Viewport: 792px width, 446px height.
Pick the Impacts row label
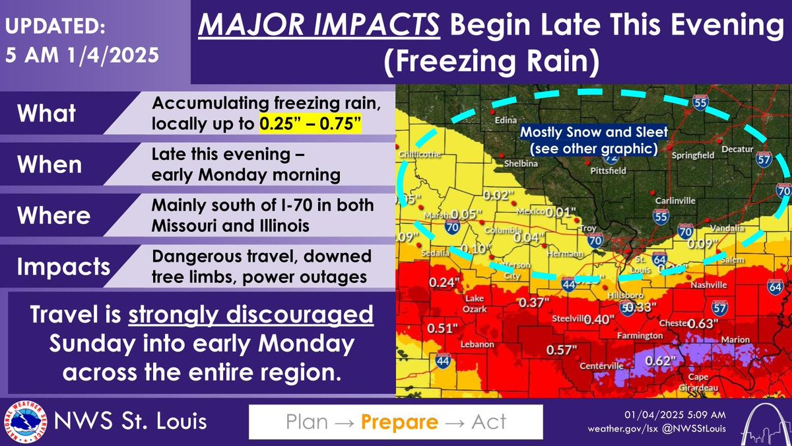point(64,266)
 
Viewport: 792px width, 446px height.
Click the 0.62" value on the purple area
point(660,361)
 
